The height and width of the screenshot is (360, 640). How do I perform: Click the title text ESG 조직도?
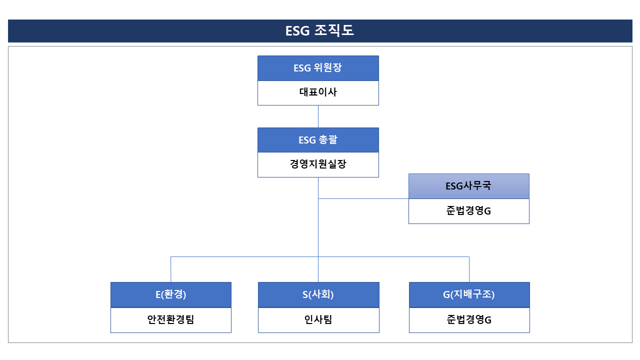click(319, 30)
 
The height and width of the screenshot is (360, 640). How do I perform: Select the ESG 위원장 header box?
click(318, 68)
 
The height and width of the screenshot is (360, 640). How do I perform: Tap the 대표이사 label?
click(318, 92)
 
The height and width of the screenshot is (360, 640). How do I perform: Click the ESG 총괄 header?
click(318, 140)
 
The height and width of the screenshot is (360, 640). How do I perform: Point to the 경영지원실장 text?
click(318, 164)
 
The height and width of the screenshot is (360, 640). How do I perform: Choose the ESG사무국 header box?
click(469, 186)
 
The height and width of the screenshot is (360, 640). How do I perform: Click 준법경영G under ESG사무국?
click(468, 211)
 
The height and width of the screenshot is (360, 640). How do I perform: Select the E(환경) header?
click(171, 295)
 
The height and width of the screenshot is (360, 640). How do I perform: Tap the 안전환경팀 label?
click(170, 319)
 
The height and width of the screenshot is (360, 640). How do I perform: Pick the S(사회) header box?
click(318, 295)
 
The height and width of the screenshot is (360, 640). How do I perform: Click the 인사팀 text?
click(318, 319)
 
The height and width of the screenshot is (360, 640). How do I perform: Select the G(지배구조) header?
click(469, 295)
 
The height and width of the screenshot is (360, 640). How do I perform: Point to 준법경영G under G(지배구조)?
click(469, 319)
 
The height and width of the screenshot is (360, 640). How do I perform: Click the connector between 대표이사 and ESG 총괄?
click(318, 116)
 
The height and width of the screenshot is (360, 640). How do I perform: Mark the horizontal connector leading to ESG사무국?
click(363, 198)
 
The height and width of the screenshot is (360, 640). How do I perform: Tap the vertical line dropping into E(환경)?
click(171, 269)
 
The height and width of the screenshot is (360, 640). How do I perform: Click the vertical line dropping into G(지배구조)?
click(469, 269)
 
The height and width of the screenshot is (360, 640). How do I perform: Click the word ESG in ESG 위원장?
click(302, 68)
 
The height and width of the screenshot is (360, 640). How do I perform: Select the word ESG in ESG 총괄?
click(307, 140)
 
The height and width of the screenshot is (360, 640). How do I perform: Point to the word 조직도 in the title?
click(334, 30)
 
